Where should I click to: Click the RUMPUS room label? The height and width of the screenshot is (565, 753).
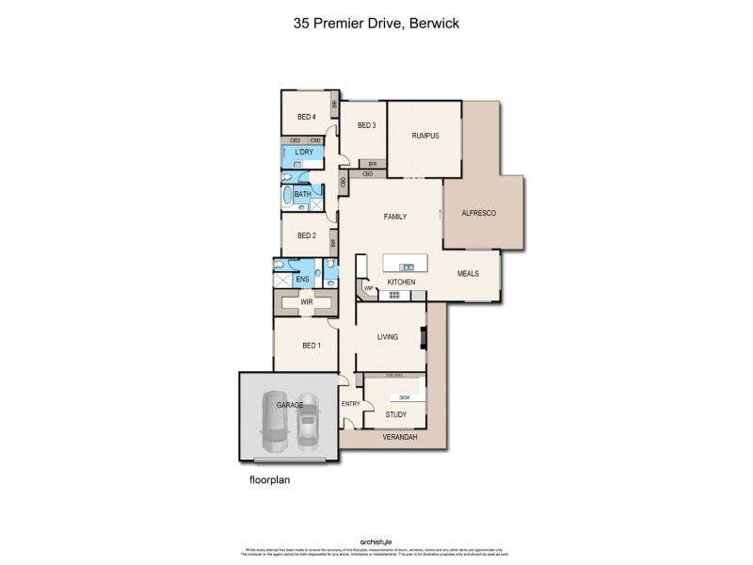pos(425,136)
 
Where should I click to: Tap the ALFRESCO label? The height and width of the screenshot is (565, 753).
pos(477,214)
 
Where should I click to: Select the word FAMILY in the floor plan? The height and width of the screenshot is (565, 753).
pos(394,217)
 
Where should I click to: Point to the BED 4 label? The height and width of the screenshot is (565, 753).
pos(306,117)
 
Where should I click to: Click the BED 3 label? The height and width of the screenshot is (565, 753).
pos(366,125)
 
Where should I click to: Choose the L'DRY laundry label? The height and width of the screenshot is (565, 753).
pos(303,152)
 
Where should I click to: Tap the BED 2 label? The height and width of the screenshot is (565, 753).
pos(306,236)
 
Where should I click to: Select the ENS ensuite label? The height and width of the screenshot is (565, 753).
pos(302,280)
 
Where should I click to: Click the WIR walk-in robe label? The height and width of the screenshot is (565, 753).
pos(306,302)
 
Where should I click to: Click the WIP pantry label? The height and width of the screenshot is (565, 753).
pos(369,288)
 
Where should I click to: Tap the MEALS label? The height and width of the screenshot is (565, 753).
pos(468,273)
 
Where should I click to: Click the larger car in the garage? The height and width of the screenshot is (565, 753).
pos(276,419)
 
